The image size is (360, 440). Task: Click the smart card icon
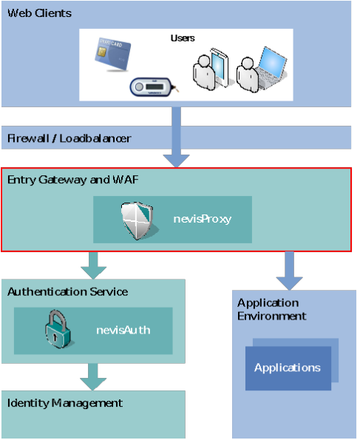113,53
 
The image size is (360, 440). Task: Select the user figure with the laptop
248,75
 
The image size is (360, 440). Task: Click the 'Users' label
183,38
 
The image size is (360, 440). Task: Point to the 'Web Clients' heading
40,13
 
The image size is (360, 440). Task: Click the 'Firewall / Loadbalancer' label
69,138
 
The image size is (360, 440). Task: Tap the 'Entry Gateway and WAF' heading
73,180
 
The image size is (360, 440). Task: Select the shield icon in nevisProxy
138,220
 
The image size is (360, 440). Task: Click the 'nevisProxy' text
203,219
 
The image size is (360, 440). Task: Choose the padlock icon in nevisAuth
58,329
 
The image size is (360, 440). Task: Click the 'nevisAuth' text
123,330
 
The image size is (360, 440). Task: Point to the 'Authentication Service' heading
67,291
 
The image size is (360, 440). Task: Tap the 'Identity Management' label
65,403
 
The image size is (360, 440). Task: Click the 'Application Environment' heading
271,309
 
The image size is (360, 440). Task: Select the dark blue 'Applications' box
288,368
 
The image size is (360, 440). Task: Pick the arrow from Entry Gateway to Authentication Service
93,265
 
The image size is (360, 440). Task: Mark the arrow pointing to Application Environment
289,271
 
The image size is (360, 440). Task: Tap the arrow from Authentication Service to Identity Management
93,377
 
